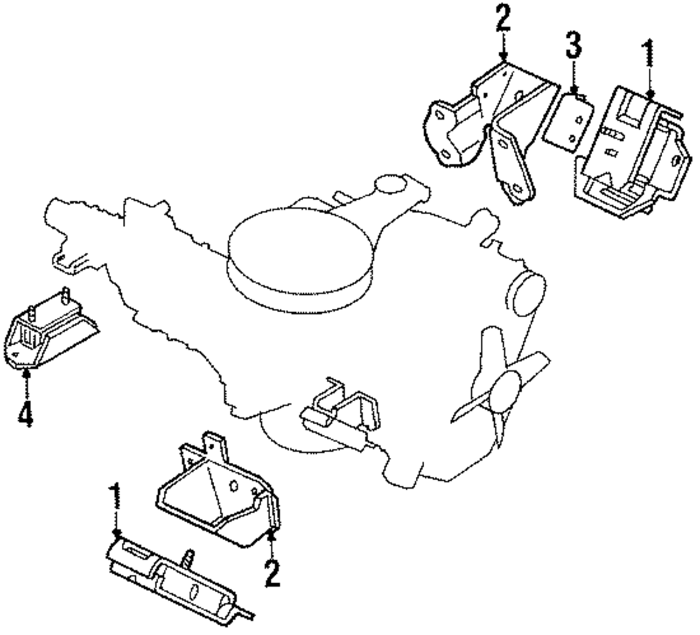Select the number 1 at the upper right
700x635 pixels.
coord(648,53)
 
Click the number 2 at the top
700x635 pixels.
coord(503,17)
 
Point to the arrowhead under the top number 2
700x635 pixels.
coord(503,57)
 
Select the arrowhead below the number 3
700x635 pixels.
coord(574,90)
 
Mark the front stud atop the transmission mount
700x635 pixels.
coord(32,312)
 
